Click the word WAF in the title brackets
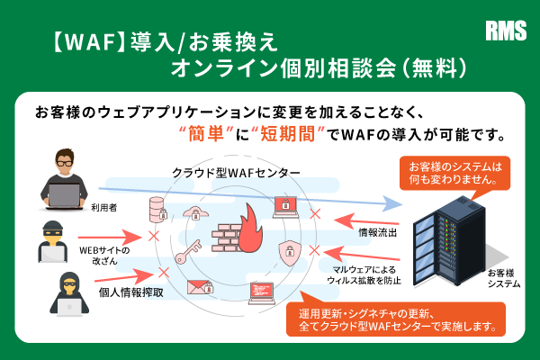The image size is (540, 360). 89,41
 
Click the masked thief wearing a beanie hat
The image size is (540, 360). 59,238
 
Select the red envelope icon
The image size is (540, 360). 197,287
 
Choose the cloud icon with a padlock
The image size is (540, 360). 193,213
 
